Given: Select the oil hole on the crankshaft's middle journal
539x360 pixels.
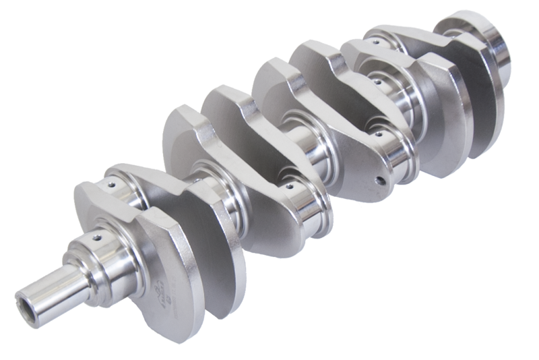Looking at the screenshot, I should (x=288, y=183).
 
